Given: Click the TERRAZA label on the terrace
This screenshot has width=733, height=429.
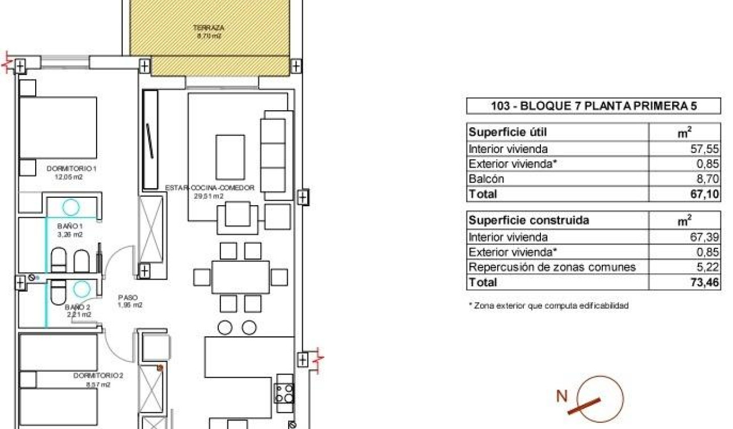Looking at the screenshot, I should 208,27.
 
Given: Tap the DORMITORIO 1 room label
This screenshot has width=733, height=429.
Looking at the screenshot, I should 72,168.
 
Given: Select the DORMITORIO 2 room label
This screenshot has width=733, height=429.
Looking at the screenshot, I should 98,376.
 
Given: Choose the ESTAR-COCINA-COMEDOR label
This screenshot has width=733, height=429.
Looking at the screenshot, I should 209,188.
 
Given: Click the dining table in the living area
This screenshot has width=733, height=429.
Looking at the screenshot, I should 240,277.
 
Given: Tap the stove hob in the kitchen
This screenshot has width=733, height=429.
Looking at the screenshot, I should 284,393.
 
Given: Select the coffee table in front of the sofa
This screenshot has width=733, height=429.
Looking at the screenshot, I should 230,156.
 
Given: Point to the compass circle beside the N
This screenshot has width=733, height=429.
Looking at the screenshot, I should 600,399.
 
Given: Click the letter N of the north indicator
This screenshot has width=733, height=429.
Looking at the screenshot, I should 561,396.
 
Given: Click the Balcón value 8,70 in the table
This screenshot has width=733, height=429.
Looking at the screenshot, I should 708,179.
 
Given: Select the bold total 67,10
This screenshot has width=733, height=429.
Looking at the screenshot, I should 707,194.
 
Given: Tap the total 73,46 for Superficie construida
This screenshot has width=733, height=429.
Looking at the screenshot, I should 707,282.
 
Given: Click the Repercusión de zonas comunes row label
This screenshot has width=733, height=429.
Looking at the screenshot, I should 552,267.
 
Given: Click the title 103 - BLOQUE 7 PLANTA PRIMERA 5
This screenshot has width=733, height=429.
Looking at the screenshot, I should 593,106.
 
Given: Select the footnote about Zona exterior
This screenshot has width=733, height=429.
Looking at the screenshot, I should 548,306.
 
